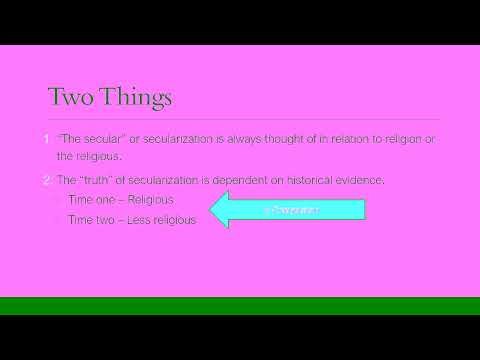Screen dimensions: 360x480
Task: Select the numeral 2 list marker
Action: [47, 179]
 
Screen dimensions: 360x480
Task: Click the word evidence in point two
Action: [349, 179]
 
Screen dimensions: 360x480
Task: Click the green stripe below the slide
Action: [240, 305]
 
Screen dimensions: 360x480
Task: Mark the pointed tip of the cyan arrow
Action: [209, 210]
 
